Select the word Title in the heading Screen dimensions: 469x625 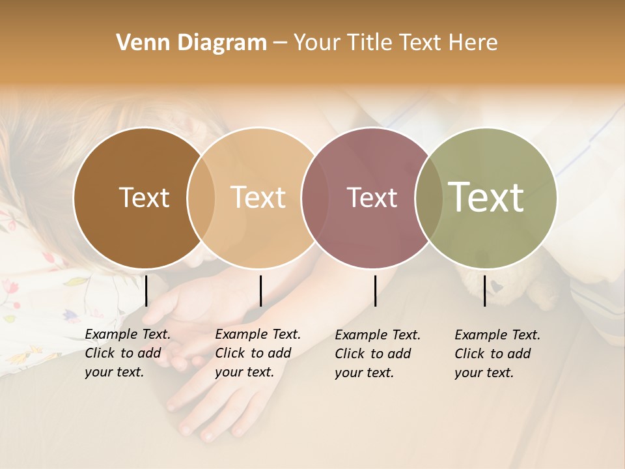pos(371,43)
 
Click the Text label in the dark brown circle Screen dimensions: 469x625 pos(144,197)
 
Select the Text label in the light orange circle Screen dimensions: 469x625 pos(258,197)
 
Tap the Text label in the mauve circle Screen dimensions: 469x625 pos(372,197)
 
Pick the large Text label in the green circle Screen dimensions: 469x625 pos(486,197)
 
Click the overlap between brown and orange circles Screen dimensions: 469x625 pos(201,197)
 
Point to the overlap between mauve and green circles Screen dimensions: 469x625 pos(429,197)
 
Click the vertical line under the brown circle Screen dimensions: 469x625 pos(146,291)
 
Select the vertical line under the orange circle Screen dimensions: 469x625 pos(260,291)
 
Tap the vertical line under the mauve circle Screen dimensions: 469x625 pos(375,291)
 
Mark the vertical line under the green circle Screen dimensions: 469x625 pos(484,291)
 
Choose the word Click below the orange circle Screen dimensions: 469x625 pos(229,354)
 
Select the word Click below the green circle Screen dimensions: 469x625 pos(469,354)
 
